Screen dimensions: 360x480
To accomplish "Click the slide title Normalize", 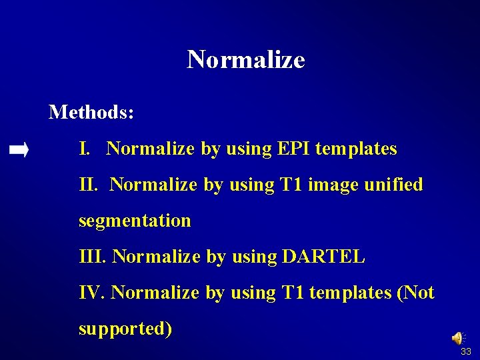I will (246, 60).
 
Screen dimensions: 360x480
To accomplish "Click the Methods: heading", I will (91, 112).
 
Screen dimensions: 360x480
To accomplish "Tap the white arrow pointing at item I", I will (19, 151).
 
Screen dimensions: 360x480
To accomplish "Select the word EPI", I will (292, 149).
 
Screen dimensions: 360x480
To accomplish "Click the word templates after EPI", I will (356, 149).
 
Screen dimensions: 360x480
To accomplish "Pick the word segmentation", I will (135, 221).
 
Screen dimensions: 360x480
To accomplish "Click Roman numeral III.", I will (92, 257).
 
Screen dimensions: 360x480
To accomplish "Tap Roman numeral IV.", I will (92, 293).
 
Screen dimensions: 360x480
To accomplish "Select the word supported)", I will (125, 329).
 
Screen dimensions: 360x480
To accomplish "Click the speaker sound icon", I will (459, 339).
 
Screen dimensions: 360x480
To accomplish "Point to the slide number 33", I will (465, 352).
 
